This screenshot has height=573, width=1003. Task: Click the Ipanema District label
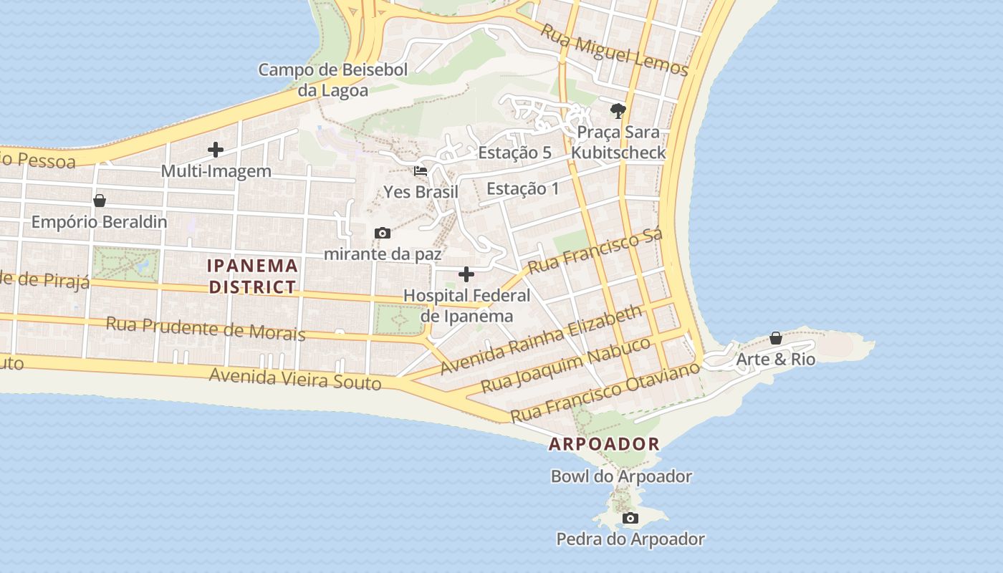[251, 276]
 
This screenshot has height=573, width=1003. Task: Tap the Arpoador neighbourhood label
[604, 444]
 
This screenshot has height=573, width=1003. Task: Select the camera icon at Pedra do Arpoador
[630, 518]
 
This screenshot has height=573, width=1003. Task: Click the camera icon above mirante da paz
[383, 233]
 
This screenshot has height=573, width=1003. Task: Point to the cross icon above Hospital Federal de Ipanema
[466, 274]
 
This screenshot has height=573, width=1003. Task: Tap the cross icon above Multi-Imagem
[215, 150]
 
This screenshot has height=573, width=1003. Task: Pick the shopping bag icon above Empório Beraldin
[100, 201]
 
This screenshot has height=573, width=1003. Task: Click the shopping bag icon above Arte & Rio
[776, 338]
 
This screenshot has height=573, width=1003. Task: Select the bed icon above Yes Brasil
[421, 171]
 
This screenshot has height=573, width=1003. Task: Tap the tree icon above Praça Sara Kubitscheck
[618, 110]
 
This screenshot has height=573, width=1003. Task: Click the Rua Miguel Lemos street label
[614, 50]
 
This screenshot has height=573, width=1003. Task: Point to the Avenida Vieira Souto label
[295, 378]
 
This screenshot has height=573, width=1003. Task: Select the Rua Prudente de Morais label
[206, 329]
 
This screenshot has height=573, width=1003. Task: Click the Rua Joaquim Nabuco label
[565, 365]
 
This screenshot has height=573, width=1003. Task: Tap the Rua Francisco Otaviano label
[604, 393]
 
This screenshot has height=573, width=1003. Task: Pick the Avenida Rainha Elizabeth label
[542, 340]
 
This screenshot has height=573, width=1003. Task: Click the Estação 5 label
[514, 153]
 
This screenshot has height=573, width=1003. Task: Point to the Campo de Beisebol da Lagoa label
[333, 80]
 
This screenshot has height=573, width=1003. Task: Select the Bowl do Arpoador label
[621, 476]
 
